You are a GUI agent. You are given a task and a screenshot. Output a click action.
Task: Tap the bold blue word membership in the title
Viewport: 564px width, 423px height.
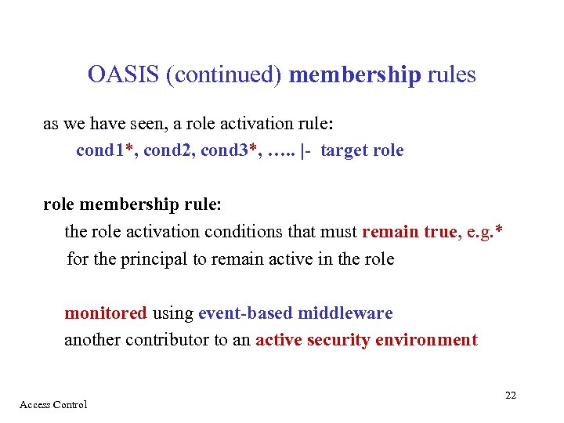355,75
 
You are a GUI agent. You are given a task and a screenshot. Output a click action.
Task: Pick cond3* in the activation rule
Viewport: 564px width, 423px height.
230,150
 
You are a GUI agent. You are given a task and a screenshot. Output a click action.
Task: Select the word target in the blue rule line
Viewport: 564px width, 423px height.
345,150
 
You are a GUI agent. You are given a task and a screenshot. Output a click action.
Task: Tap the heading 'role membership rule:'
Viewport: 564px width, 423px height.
132,204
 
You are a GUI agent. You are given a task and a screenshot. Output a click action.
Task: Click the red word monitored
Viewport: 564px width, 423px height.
105,313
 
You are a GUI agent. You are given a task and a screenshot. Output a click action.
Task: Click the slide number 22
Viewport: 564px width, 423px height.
510,396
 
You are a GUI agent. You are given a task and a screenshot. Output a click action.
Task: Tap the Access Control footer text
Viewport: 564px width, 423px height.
53,404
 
